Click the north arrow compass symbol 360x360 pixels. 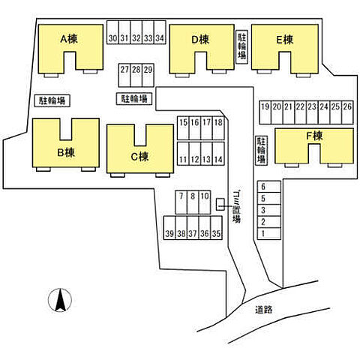60,300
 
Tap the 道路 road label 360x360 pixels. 264,310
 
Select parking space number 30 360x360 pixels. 112,32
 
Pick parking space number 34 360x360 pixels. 160,32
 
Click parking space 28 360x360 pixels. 136,75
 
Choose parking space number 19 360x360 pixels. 265,112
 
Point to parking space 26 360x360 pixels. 347,112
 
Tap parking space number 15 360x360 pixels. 183,128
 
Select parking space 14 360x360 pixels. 218,154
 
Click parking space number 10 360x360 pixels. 205,202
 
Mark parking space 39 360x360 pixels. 169,228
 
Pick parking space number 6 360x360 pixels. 269,187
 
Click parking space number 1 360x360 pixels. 269,234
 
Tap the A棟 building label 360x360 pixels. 69,39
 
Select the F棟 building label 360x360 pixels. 314,136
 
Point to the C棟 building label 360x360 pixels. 139,157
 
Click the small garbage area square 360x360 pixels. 220,204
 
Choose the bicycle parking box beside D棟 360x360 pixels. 241,46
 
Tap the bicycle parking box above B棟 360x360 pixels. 52,100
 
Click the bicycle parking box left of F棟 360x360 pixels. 262,150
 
